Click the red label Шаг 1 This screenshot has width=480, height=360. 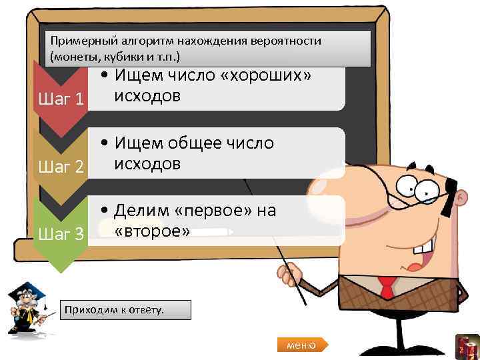pos(61,99)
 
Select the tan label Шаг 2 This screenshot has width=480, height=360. pos(61,166)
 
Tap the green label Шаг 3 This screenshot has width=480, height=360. pos(61,233)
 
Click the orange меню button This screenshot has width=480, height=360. pos(301,345)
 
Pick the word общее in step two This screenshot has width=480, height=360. pos(199,143)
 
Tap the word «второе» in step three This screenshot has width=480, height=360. pos(153,231)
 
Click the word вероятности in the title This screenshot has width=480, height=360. pos(286,41)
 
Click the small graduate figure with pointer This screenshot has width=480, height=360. pos(27,307)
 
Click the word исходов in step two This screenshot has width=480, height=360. pos(147,164)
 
